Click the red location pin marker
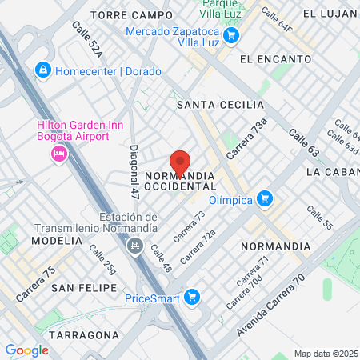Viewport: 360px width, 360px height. (x=180, y=163)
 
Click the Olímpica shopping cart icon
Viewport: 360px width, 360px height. (x=266, y=199)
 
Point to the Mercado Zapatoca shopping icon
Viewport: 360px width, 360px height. (x=231, y=35)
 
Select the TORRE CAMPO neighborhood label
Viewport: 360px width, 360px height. (x=131, y=15)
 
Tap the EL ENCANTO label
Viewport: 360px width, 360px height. (x=274, y=59)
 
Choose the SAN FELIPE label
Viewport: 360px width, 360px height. (x=84, y=287)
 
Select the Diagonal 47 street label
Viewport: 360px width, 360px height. (x=134, y=171)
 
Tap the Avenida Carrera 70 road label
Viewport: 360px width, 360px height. (x=271, y=306)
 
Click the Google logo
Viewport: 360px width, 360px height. (x=26, y=350)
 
